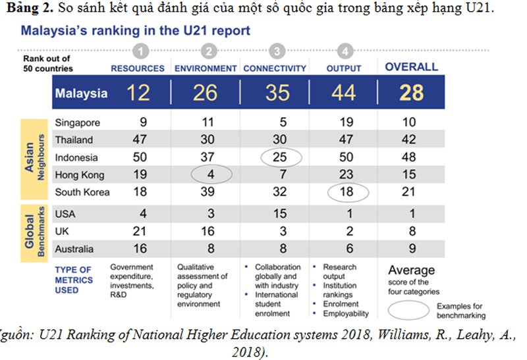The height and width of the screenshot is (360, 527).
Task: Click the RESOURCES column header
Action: point(137,68)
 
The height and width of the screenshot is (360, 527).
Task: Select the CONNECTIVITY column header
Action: point(275,68)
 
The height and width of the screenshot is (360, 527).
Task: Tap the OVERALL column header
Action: point(411,66)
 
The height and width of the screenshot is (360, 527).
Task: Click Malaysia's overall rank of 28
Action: point(411,92)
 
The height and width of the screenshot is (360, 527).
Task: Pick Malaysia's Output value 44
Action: point(343,92)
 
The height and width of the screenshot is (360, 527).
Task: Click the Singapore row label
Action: point(78,122)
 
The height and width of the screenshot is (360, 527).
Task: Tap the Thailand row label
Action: point(74,140)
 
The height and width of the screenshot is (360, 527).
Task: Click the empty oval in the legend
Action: point(409,309)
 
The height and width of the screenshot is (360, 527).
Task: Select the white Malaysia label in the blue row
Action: point(81,93)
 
